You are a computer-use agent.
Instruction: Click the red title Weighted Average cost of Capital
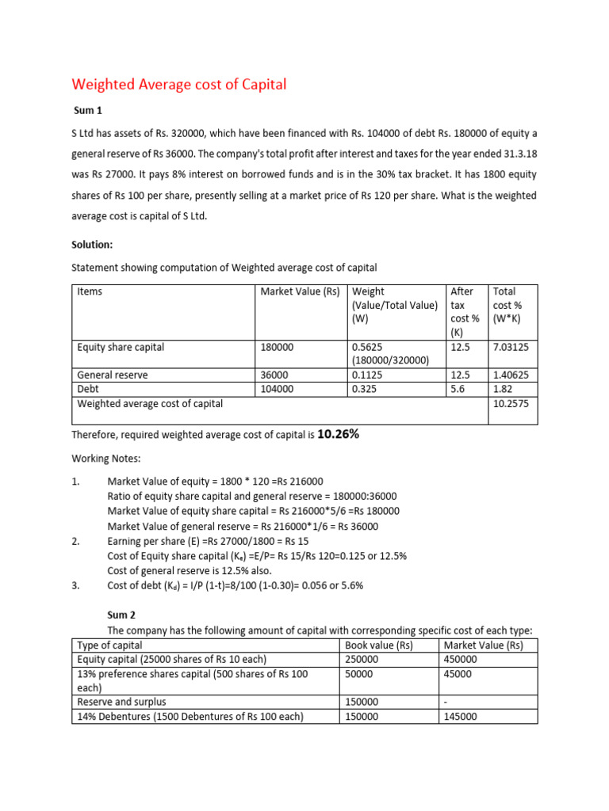178,85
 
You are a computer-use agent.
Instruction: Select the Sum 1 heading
88,111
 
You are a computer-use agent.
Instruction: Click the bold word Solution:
92,245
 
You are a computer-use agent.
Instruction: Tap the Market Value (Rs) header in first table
300,291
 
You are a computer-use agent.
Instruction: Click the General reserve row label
113,375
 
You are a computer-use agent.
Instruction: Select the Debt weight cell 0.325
365,389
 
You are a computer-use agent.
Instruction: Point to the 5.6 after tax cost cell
458,389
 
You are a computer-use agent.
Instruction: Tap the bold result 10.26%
339,434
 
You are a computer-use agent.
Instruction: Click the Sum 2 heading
121,614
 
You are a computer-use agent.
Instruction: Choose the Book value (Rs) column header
380,645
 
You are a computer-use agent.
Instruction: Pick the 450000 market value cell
461,659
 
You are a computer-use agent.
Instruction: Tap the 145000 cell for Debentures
461,716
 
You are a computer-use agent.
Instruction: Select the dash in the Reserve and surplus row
446,702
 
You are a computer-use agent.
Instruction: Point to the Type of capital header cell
109,645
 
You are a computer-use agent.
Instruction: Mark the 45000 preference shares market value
458,674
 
